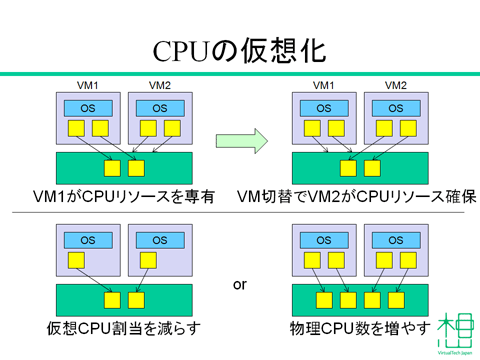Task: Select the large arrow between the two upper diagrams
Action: [x=240, y=140]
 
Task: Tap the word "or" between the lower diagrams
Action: [x=239, y=285]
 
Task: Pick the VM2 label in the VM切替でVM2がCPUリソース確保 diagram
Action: [x=395, y=86]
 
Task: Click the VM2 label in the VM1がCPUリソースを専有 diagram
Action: [x=160, y=86]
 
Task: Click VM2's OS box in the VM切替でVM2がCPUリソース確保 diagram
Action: [x=394, y=108]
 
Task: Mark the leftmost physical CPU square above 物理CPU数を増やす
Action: [x=323, y=299]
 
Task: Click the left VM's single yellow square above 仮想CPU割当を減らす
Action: [x=76, y=260]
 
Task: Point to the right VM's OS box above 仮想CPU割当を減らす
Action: [x=159, y=240]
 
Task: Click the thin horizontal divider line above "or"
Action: [x=240, y=213]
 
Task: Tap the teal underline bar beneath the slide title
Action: [x=240, y=73]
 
